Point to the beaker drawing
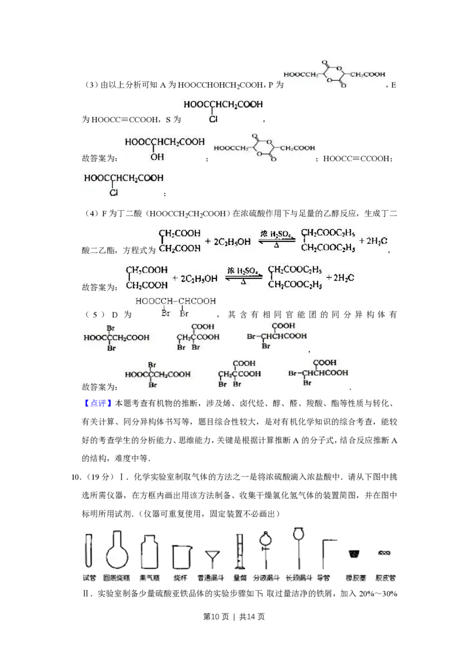click(181, 556)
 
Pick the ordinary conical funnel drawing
click(212, 557)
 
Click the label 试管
click(89, 578)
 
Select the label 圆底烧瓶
click(116, 578)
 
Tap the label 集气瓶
click(150, 578)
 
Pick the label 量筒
click(239, 578)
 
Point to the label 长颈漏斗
click(298, 578)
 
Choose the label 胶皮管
click(386, 578)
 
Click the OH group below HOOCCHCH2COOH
click(156, 157)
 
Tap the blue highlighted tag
click(98, 403)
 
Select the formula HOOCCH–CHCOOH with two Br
click(175, 306)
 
